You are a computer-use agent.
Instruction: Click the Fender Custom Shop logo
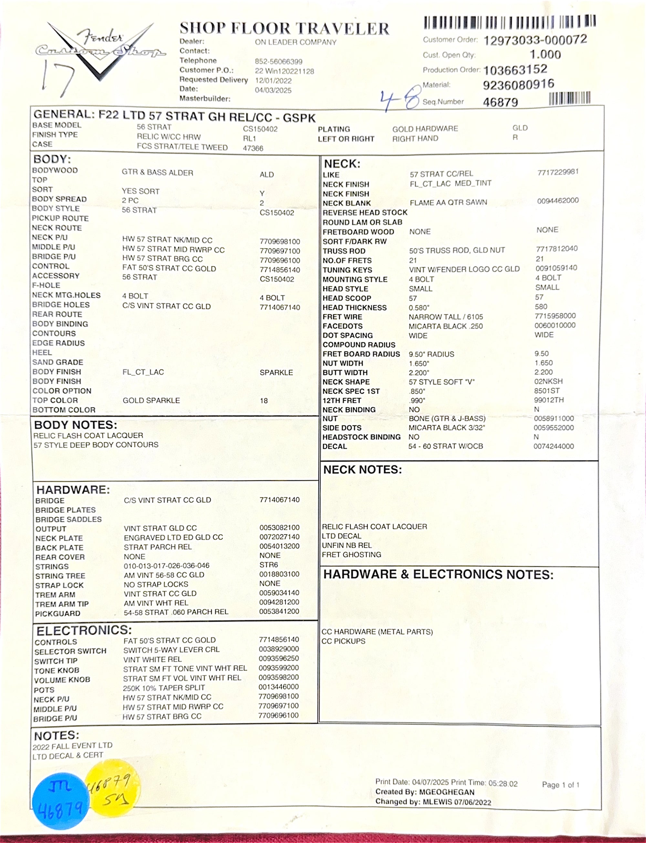pos(101,50)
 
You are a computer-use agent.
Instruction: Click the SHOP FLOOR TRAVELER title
pos(284,28)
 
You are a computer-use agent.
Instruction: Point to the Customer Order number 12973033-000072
pos(535,40)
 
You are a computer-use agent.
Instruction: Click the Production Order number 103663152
pos(515,69)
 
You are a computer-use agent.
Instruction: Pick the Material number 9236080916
pos(518,84)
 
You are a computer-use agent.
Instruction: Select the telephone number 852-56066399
pos(278,61)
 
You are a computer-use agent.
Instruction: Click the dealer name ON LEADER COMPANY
pos(295,42)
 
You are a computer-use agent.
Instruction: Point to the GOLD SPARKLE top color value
pos(151,400)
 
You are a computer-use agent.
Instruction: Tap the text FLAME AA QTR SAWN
pos(448,202)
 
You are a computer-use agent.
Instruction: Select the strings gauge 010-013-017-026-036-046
pos(166,566)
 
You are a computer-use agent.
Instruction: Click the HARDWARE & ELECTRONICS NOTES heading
pos(438,574)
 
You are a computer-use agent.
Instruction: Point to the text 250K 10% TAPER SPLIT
pos(164,688)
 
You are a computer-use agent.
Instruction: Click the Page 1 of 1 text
pos(560,785)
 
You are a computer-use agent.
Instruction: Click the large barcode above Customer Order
pos(509,22)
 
